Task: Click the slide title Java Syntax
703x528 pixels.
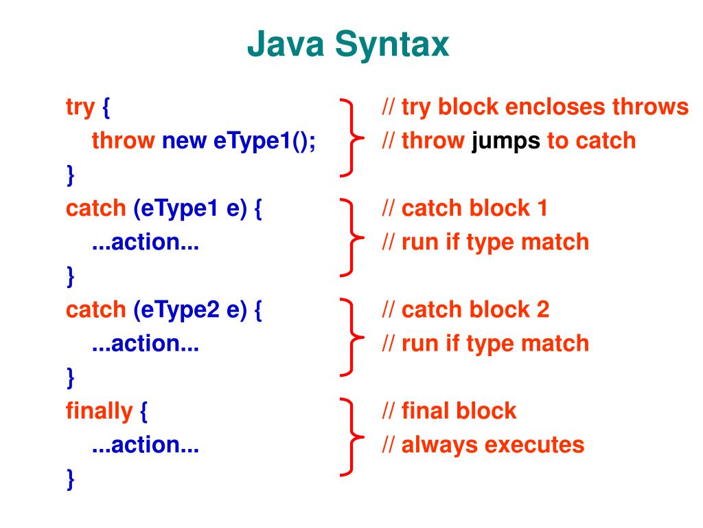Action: (x=348, y=46)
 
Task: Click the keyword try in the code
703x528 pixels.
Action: (x=80, y=107)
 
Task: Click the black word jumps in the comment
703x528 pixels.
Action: (x=505, y=141)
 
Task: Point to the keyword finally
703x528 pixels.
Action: (x=99, y=411)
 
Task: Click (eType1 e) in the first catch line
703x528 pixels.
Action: (x=189, y=208)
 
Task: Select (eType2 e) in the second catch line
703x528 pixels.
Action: (x=189, y=309)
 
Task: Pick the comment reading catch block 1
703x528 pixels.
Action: (x=465, y=208)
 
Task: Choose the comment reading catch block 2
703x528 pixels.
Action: (x=465, y=309)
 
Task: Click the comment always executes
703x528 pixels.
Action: (x=483, y=445)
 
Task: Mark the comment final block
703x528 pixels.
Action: (x=449, y=411)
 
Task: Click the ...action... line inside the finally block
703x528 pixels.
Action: (x=146, y=445)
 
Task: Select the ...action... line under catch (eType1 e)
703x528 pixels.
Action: (x=146, y=242)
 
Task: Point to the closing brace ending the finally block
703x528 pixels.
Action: (x=70, y=478)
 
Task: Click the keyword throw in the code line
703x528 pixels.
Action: (x=124, y=141)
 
